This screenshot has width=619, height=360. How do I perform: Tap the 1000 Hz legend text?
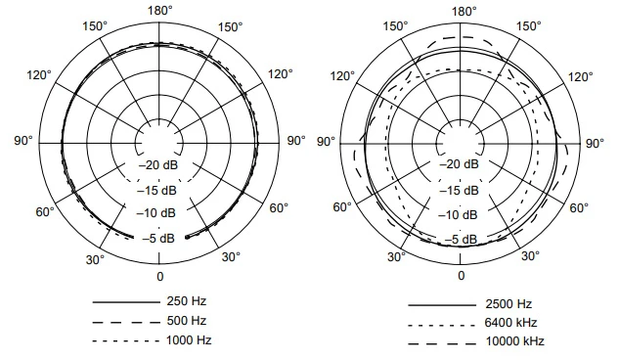[188, 339]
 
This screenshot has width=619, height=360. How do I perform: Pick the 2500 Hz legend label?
[508, 303]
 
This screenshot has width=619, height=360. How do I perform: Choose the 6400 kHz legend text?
[511, 322]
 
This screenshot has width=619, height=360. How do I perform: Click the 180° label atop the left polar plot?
[159, 10]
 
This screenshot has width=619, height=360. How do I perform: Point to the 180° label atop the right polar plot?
[464, 10]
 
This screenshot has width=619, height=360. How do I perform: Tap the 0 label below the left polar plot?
[159, 277]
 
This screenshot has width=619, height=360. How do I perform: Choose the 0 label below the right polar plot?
[464, 278]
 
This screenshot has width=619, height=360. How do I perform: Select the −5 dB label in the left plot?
[158, 238]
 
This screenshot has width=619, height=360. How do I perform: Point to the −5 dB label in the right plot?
[464, 239]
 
